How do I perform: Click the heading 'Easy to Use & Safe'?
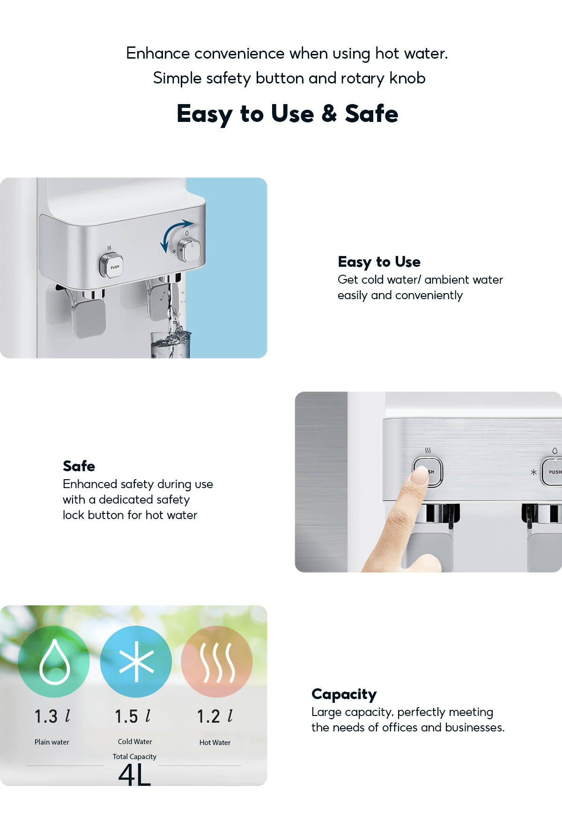tap(288, 114)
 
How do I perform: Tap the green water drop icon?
tap(54, 662)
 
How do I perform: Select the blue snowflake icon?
tap(136, 662)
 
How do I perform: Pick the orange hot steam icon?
tap(217, 662)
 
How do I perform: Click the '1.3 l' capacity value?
tap(52, 716)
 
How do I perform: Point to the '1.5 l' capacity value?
tap(133, 716)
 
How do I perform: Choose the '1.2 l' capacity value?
tap(215, 716)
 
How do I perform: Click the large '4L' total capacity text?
tap(134, 775)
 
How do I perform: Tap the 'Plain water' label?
tap(52, 742)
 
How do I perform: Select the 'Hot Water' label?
tap(215, 743)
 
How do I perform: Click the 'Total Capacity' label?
tap(134, 757)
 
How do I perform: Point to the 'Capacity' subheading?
tap(344, 694)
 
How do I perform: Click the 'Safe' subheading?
tap(79, 466)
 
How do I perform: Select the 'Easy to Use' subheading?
tap(379, 262)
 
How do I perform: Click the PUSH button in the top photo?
tap(111, 265)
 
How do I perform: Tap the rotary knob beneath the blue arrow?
tap(191, 249)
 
